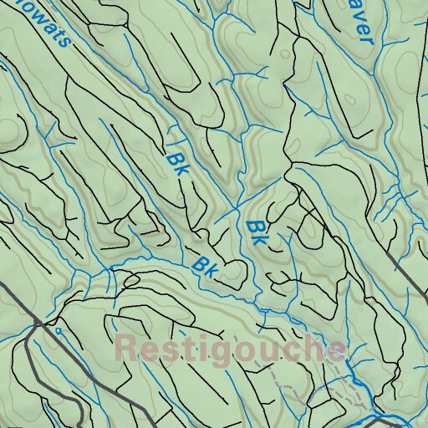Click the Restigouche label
pyautogui.click(x=229, y=349)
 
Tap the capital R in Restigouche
pyautogui.click(x=126, y=348)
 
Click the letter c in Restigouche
pyautogui.click(x=287, y=349)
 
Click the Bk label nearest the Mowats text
pyautogui.click(x=176, y=162)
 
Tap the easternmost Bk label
pyautogui.click(x=257, y=232)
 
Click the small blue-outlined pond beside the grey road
pyautogui.click(x=59, y=331)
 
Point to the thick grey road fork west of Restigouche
pyautogui.click(x=36, y=323)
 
